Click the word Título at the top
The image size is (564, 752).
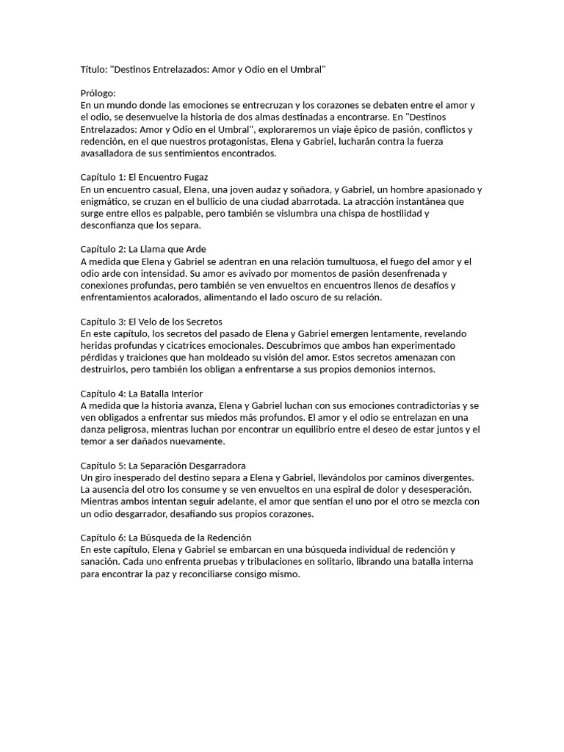pos(93,69)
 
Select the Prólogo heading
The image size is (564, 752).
pos(98,93)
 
